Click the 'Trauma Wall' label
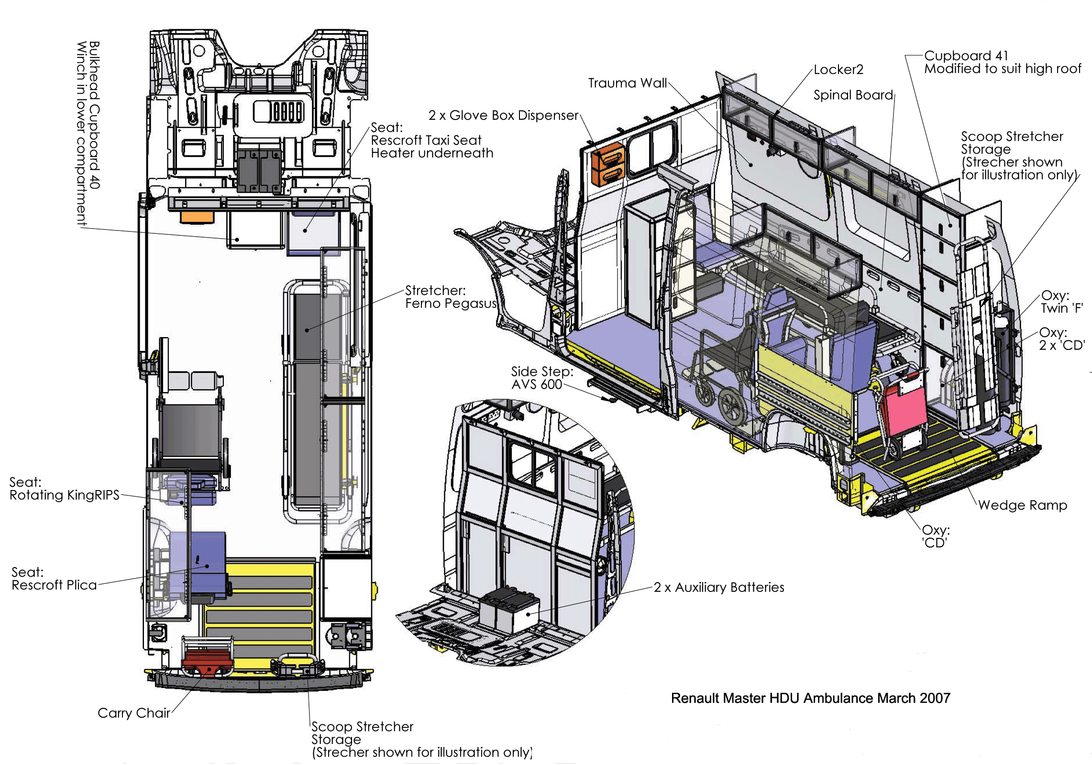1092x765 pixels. (627, 83)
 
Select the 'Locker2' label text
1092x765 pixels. (838, 70)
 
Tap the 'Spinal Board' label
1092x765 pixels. (853, 95)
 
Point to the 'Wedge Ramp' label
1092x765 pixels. (1023, 505)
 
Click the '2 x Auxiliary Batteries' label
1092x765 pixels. (719, 587)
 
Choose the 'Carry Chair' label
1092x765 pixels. (134, 713)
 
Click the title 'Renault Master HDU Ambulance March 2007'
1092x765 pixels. (810, 698)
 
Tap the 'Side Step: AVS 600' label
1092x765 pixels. (541, 378)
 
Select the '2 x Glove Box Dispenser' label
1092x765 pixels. (503, 116)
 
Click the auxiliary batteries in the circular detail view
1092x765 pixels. (509, 610)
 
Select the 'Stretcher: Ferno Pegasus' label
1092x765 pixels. (451, 297)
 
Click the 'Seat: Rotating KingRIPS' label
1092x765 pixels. (64, 489)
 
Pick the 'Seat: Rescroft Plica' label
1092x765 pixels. (54, 579)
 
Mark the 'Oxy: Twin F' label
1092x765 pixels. (1062, 302)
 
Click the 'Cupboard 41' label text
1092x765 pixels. (966, 56)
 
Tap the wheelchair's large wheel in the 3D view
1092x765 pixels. (732, 406)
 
